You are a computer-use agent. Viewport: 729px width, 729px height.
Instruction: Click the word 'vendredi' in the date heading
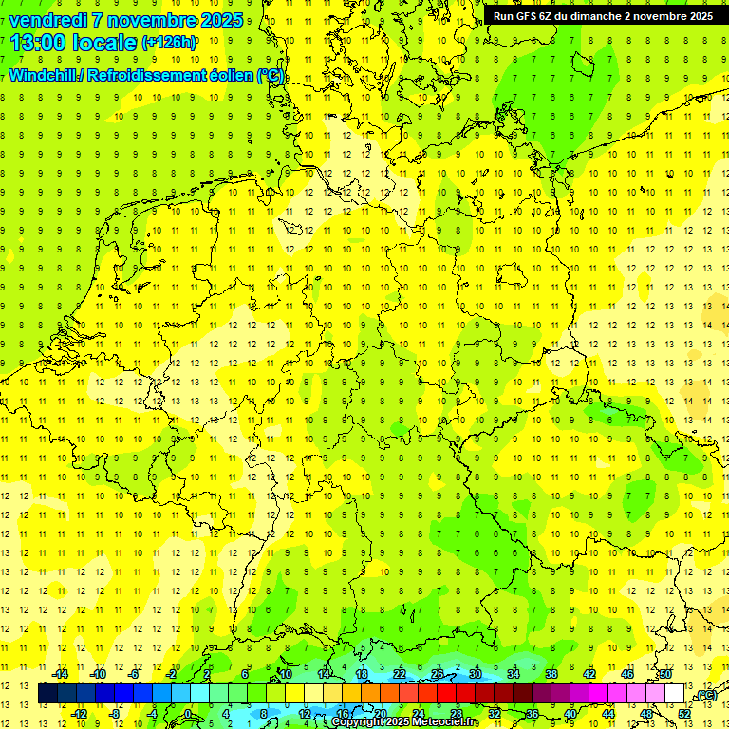point(47,20)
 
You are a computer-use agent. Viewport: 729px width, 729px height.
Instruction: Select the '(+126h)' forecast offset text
point(168,43)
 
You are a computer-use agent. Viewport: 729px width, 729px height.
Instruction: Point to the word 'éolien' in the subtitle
point(226,76)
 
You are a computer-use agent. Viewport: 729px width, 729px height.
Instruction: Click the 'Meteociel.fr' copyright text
point(446,722)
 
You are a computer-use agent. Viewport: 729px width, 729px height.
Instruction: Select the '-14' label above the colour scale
point(61,674)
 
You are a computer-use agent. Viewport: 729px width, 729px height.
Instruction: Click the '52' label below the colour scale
point(684,713)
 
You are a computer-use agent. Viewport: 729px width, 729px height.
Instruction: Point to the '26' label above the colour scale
point(438,674)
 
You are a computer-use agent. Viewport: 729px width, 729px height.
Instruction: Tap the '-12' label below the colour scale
point(80,713)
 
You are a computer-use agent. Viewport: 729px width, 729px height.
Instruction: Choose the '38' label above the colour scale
point(551,674)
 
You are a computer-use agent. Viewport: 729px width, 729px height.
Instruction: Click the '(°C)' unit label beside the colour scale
point(705,695)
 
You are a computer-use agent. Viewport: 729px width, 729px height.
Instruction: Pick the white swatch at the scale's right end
point(675,694)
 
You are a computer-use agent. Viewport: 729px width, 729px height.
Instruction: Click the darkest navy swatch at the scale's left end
point(47,694)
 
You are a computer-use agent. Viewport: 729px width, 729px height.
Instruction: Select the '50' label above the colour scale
point(665,674)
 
